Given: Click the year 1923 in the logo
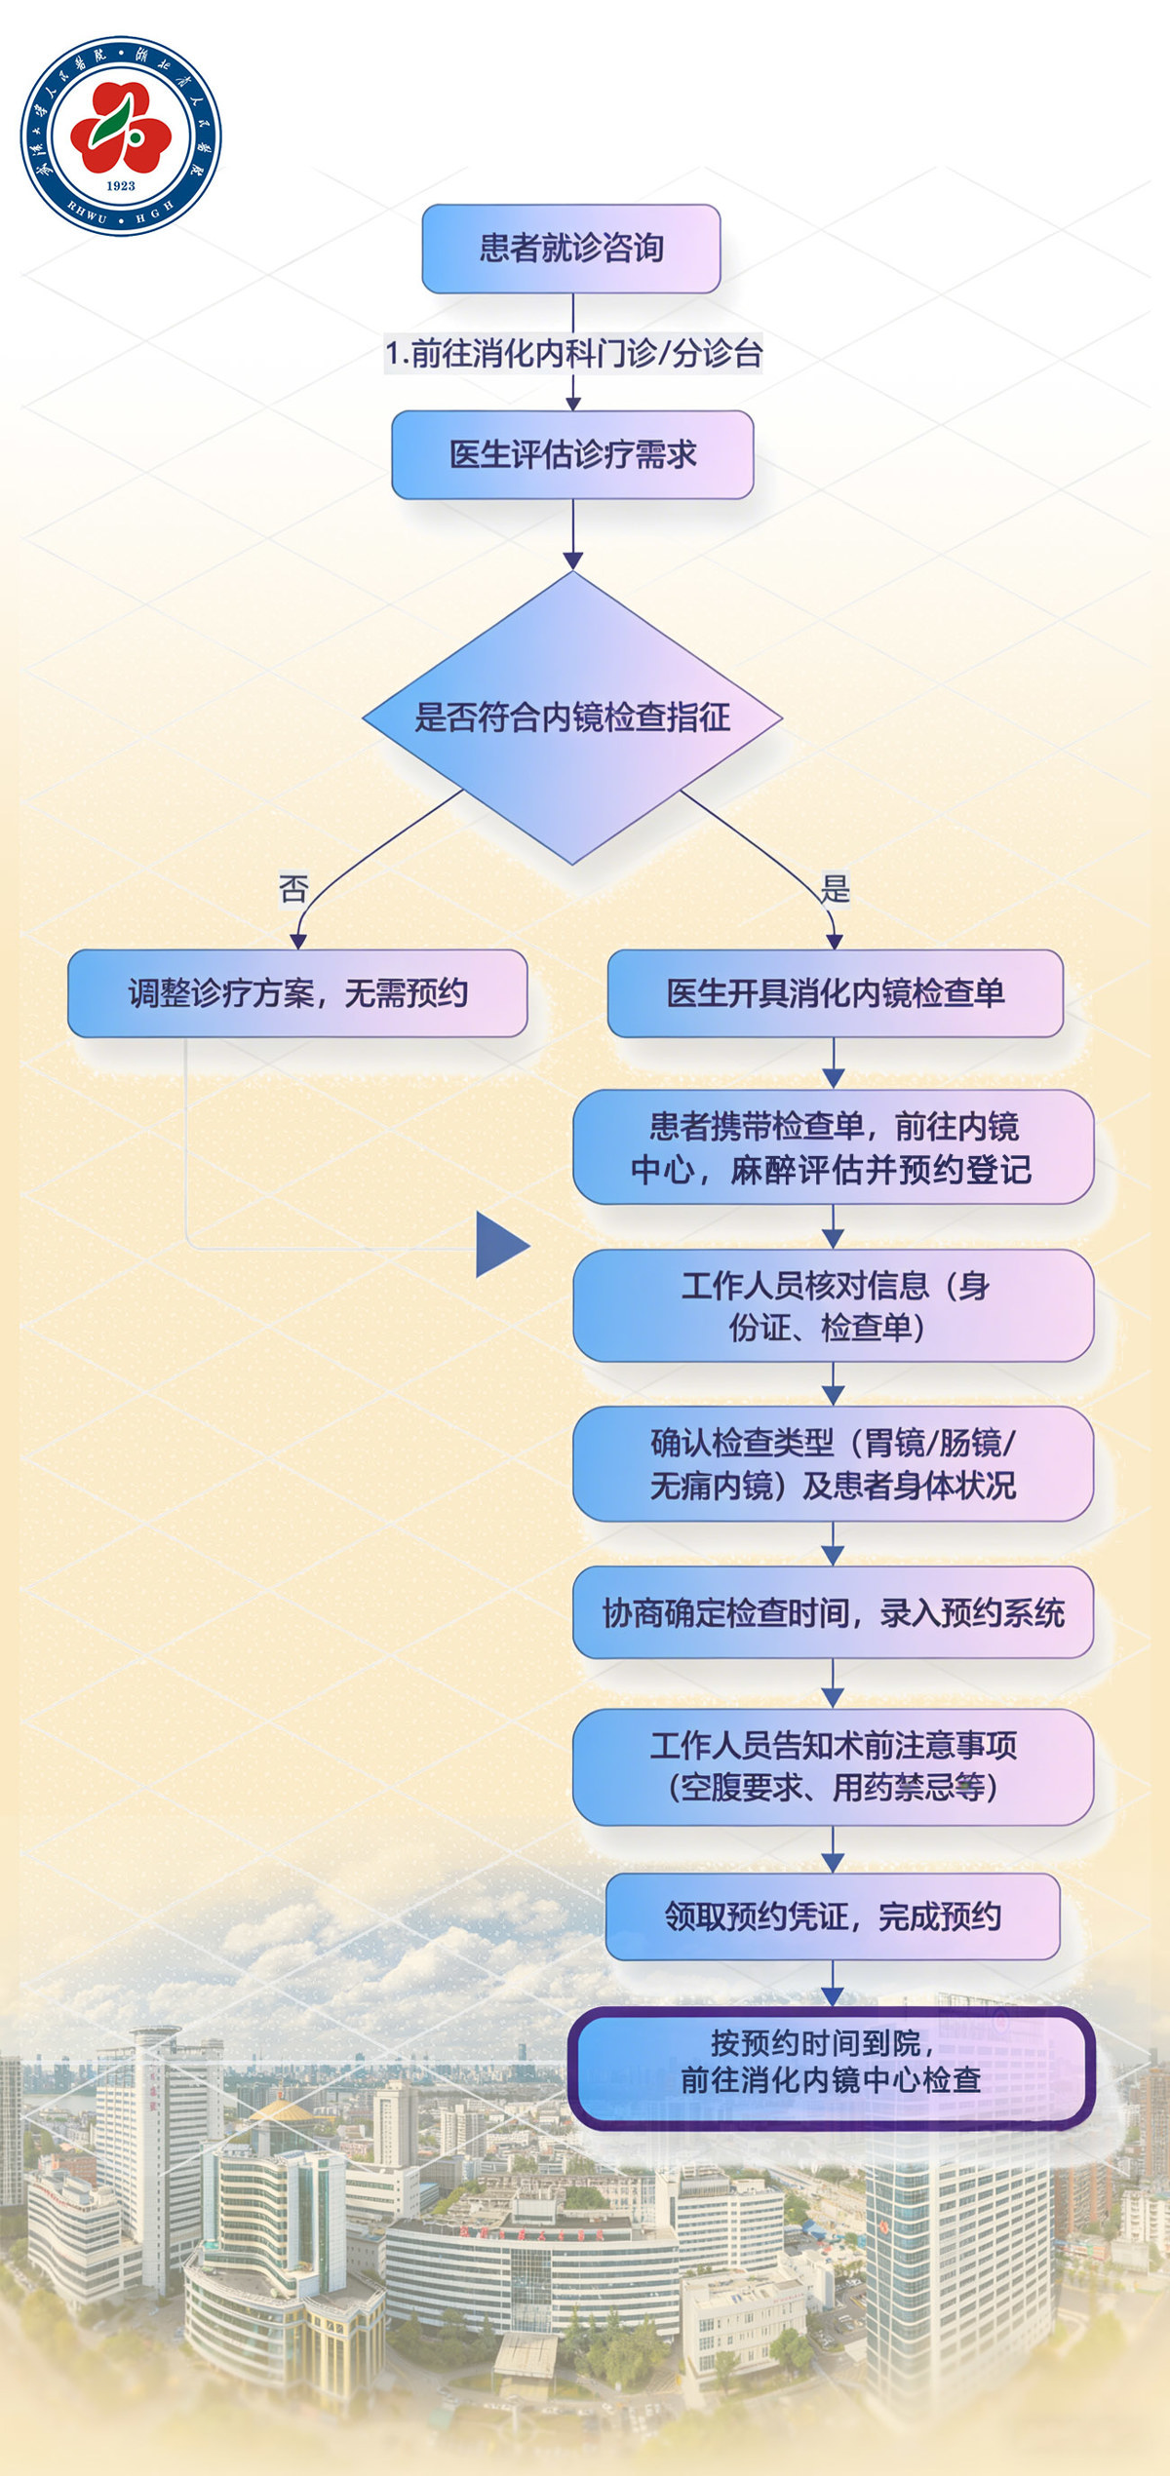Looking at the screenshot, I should coord(121,185).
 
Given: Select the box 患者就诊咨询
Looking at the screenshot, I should coord(570,249).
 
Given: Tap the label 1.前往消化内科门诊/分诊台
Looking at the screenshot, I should coord(572,353).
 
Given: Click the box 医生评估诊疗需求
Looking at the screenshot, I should coord(572,454).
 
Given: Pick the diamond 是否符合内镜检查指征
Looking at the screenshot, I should coord(572,717).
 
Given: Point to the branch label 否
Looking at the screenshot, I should coord(293,888).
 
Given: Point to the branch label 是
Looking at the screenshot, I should coord(835,888).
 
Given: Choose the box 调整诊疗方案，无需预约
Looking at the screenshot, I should coord(297,993).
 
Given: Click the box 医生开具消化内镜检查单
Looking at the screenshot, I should coord(835,993).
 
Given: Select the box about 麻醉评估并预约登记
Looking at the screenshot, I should coord(833,1147).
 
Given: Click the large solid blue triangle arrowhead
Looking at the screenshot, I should coord(500,1245).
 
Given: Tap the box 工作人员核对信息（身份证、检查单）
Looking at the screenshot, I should coord(833,1305).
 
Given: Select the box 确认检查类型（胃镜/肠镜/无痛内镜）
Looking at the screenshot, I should coord(833,1463).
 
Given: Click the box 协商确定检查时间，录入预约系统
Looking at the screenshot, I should coord(833,1613).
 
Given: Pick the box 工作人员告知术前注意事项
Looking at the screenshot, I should coord(833,1766).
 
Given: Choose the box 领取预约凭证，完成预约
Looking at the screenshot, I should coord(833,1916).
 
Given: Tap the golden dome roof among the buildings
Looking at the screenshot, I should coord(282,2113).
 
